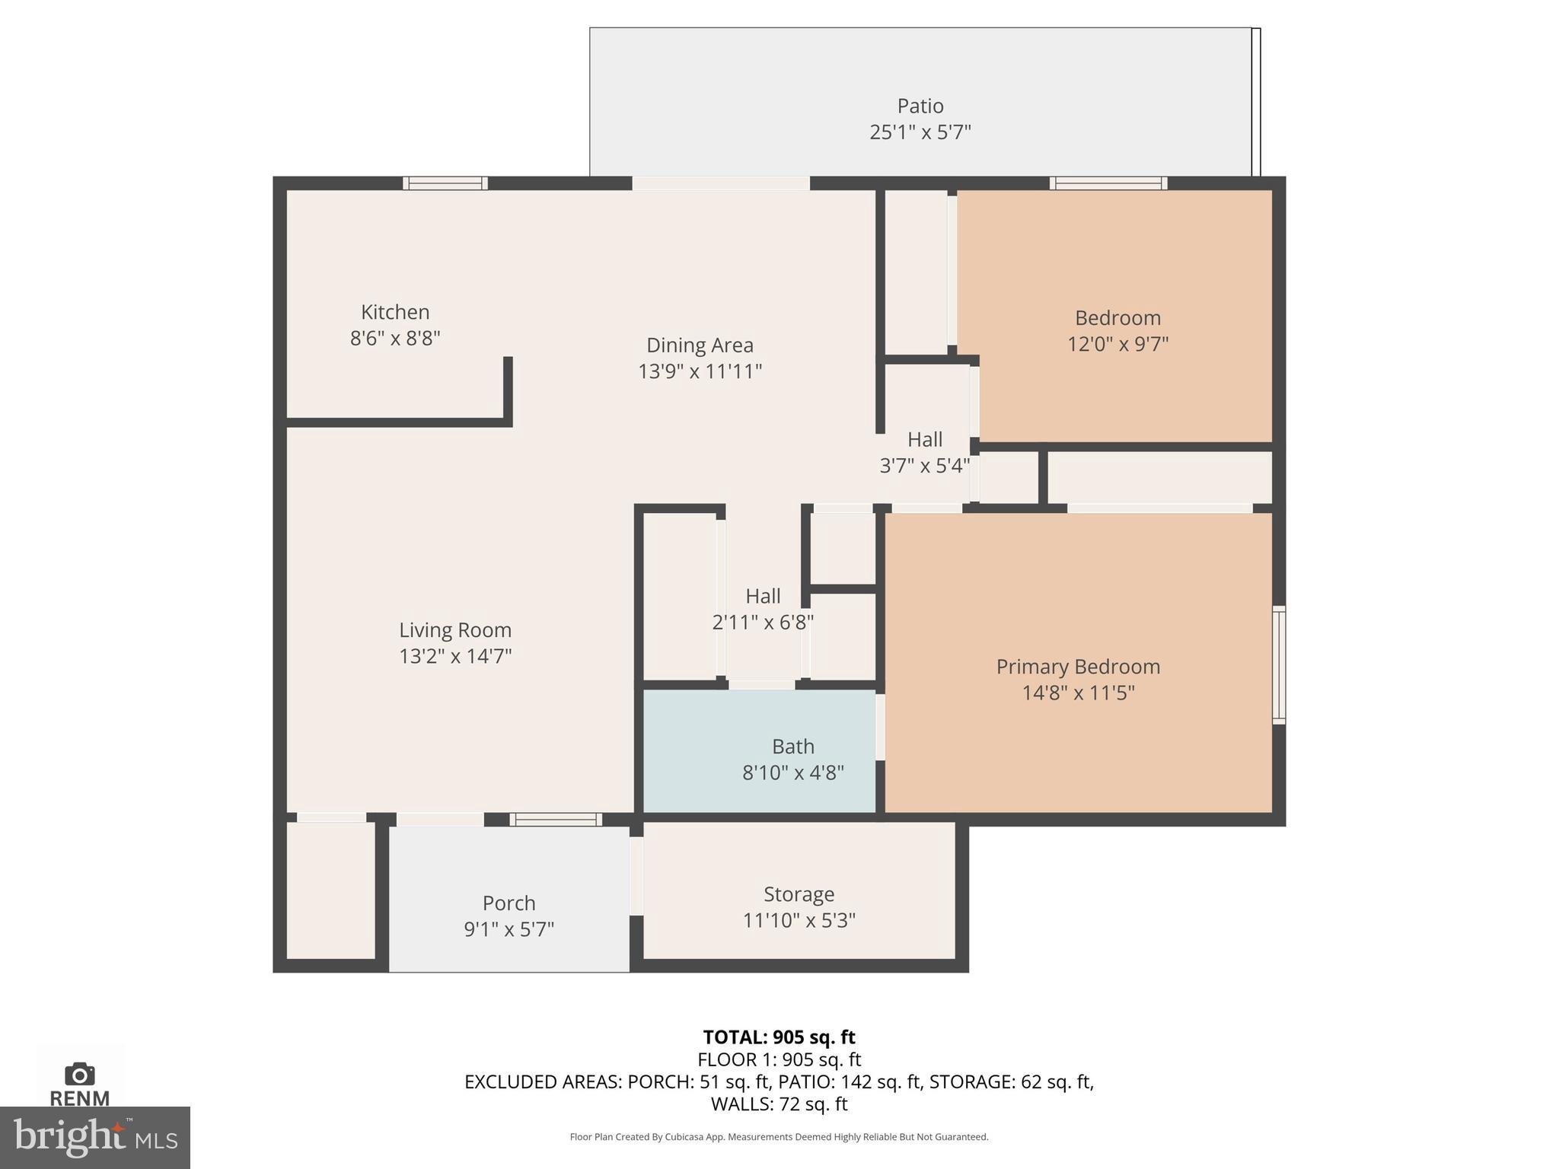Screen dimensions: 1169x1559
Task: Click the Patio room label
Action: (920, 106)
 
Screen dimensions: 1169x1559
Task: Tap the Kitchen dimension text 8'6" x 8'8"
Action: (395, 338)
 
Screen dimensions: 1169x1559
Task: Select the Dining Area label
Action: (700, 345)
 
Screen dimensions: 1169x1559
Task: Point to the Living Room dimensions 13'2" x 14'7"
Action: (455, 656)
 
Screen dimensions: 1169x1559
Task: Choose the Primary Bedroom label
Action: (1078, 667)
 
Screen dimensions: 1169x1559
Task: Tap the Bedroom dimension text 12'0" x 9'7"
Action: (1117, 344)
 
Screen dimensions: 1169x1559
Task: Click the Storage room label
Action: (799, 893)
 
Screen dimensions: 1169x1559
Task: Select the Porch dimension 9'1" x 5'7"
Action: (509, 929)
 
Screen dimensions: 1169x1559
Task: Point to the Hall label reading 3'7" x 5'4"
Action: (925, 452)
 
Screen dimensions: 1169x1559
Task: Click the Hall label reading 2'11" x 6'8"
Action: (763, 609)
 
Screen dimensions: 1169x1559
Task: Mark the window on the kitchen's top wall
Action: (445, 183)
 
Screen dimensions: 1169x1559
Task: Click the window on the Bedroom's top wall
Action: (1108, 183)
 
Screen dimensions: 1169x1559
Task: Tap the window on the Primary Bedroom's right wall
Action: (1279, 664)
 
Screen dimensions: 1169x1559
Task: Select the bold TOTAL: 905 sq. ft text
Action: (779, 1037)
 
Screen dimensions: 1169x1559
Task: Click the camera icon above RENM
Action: (80, 1074)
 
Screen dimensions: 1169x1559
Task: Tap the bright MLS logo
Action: (95, 1138)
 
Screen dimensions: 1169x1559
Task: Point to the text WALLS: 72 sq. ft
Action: (779, 1104)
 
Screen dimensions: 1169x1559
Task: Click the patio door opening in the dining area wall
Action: (720, 183)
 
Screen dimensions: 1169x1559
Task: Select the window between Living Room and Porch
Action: (556, 819)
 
